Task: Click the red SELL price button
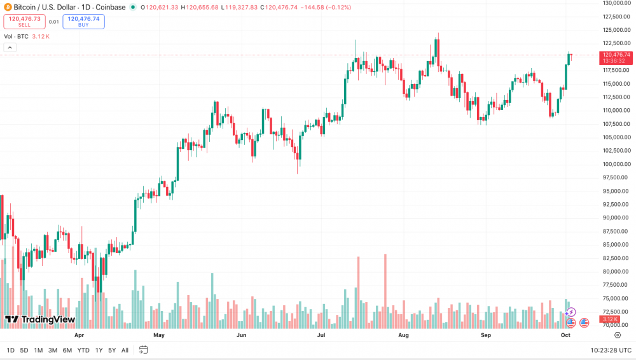tap(24, 22)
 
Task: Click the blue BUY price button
tap(83, 22)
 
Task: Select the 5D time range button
tap(24, 350)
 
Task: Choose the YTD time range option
tap(83, 350)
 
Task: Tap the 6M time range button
tap(67, 350)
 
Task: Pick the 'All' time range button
tap(125, 350)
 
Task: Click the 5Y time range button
tap(112, 350)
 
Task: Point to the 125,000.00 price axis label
tap(616, 30)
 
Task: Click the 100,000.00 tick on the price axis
tap(616, 164)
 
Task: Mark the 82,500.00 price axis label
tap(616, 258)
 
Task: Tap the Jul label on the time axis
tap(321, 335)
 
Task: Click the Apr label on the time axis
tap(79, 335)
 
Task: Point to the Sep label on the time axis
tap(486, 335)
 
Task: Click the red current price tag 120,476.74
tap(616, 55)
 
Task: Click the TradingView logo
tap(40, 319)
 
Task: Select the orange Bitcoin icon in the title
tap(8, 6)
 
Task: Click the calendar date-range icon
tap(144, 350)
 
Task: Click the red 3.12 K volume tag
tap(610, 319)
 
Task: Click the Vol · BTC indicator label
tap(17, 36)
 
